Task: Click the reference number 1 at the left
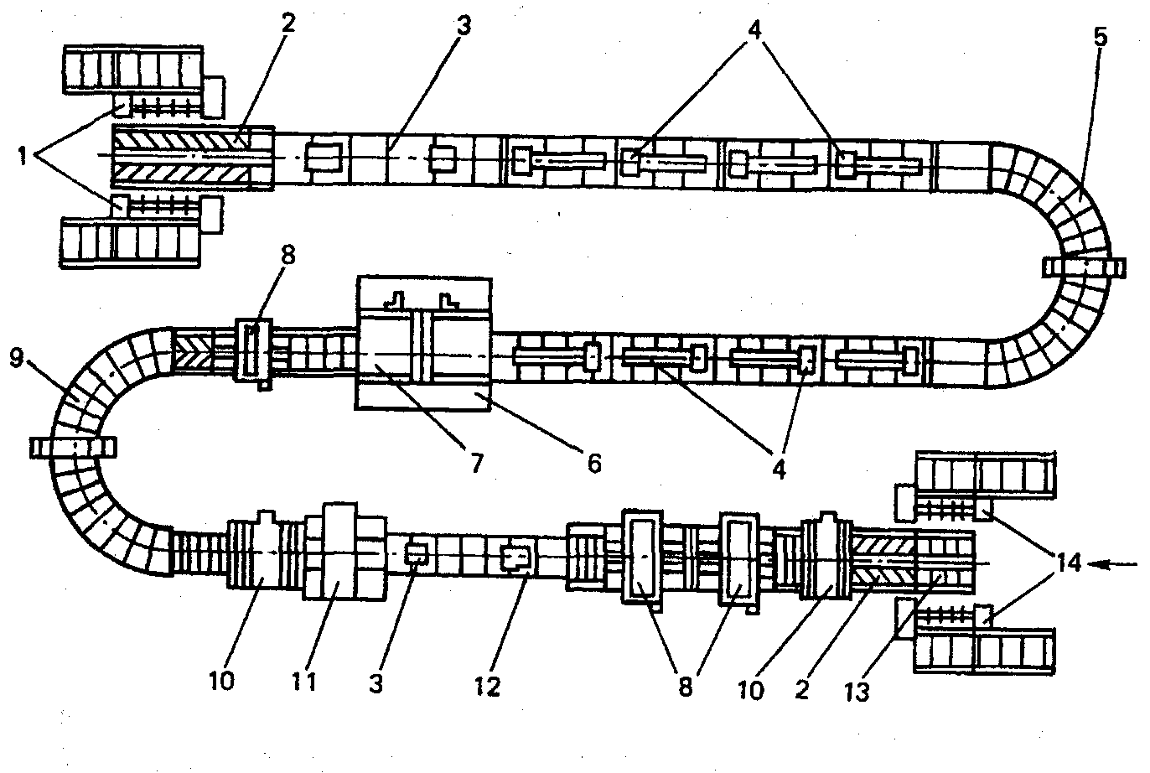(x=24, y=155)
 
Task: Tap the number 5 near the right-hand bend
(x=1100, y=37)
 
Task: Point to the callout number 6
(x=593, y=462)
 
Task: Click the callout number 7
(x=476, y=462)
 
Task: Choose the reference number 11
(x=305, y=681)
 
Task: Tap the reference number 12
(x=487, y=686)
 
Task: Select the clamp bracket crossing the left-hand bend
(x=73, y=447)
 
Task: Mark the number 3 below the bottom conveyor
(x=376, y=682)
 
